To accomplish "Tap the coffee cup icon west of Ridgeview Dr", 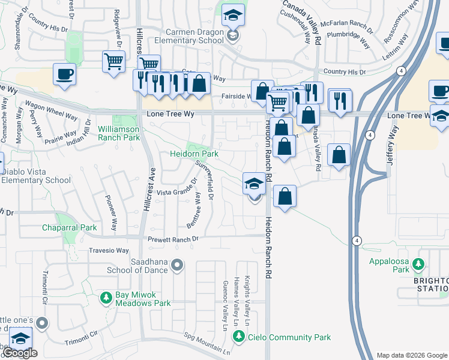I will coord(65,74).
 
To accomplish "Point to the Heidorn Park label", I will coord(193,154).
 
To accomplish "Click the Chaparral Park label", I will coord(69,227).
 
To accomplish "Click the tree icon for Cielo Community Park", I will coord(240,337).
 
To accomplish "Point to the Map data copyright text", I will coord(411,355).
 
